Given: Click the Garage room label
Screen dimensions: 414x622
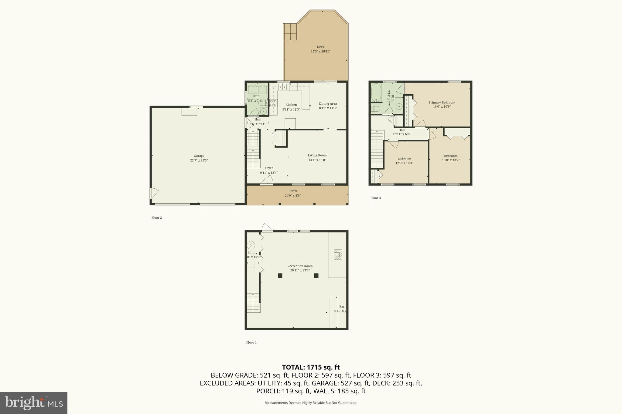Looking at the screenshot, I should coord(199,156).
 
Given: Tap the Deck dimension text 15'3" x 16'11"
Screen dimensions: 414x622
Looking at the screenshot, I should coord(320,52).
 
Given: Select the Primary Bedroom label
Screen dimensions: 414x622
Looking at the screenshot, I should coord(442,103).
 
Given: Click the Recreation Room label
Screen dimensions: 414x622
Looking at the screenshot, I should coord(300,266).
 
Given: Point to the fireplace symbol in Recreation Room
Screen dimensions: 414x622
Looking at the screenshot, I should coord(338,254).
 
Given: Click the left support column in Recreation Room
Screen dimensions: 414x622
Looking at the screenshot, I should coord(280,275).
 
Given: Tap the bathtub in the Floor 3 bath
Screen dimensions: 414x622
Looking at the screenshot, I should coord(376,93).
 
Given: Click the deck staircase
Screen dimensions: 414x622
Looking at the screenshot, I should coord(290,32).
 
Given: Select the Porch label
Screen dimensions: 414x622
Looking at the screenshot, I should coord(292,191).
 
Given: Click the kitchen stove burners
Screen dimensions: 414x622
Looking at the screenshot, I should coord(273,103).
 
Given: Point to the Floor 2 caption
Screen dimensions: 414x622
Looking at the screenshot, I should coord(156,217).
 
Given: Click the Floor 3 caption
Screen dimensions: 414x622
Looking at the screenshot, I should coord(375,198).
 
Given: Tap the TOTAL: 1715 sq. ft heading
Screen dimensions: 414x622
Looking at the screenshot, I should coord(311,367).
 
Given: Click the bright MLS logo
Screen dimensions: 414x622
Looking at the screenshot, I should coord(34,403).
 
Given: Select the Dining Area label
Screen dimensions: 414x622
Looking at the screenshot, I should coord(328,103).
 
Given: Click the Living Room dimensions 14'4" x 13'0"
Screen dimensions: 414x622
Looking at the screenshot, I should coord(317,160).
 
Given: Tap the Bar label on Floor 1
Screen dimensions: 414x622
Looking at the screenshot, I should coord(342,307).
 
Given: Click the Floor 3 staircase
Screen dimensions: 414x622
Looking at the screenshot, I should coord(377,149).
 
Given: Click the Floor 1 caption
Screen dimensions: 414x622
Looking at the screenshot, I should coord(251,342).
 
